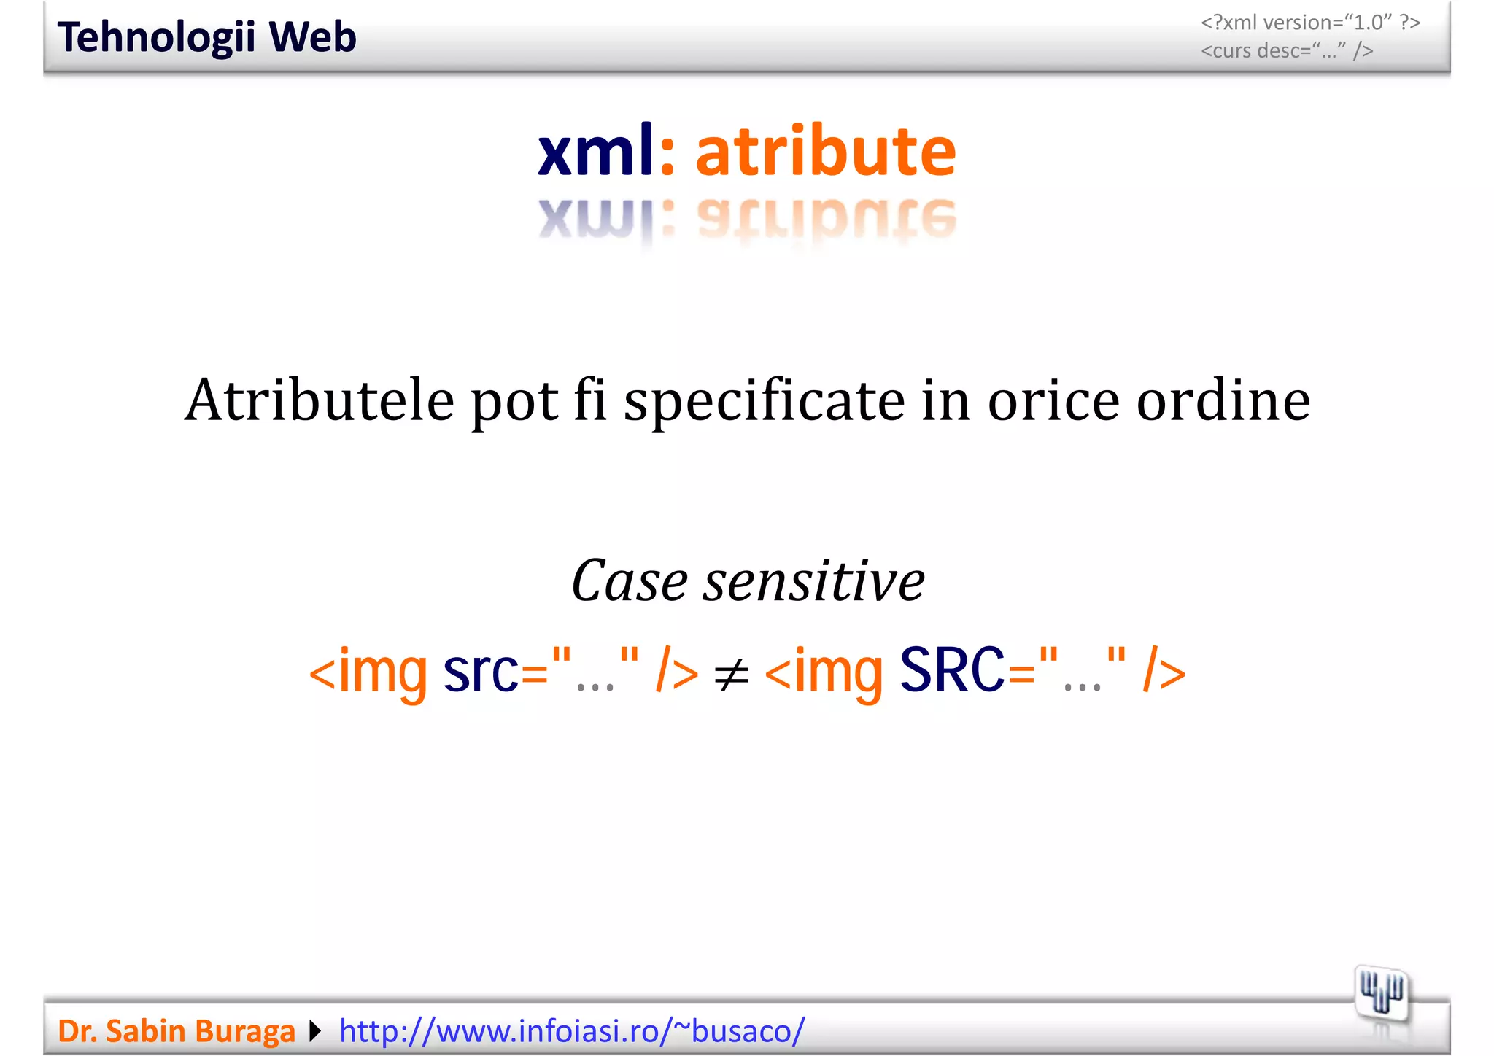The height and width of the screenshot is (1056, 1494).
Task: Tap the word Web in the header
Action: [x=312, y=37]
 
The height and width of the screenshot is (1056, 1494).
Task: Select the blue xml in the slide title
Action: [x=596, y=151]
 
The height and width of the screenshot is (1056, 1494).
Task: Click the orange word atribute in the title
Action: [x=825, y=151]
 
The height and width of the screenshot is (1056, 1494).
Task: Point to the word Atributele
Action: [x=320, y=400]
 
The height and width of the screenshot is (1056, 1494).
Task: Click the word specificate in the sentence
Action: [x=764, y=402]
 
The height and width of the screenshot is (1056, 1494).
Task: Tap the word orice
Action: [x=1053, y=400]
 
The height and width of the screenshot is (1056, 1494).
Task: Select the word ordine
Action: [x=1223, y=400]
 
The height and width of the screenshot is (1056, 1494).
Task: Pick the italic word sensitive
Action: [x=813, y=581]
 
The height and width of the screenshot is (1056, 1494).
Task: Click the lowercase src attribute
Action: [x=480, y=670]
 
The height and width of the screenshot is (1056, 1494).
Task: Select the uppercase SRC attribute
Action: [x=951, y=670]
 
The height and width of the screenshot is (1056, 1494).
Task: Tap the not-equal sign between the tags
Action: [x=731, y=675]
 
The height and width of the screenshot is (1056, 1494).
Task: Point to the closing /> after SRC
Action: [x=1164, y=671]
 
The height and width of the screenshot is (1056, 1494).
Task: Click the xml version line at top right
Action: [x=1310, y=23]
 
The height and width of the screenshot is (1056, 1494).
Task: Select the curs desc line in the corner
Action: [x=1287, y=51]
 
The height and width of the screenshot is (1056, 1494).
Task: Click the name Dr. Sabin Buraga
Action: [x=176, y=1031]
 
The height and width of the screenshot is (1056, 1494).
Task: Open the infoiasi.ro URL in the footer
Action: [x=572, y=1031]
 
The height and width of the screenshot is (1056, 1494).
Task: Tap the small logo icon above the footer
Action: [x=1382, y=993]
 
